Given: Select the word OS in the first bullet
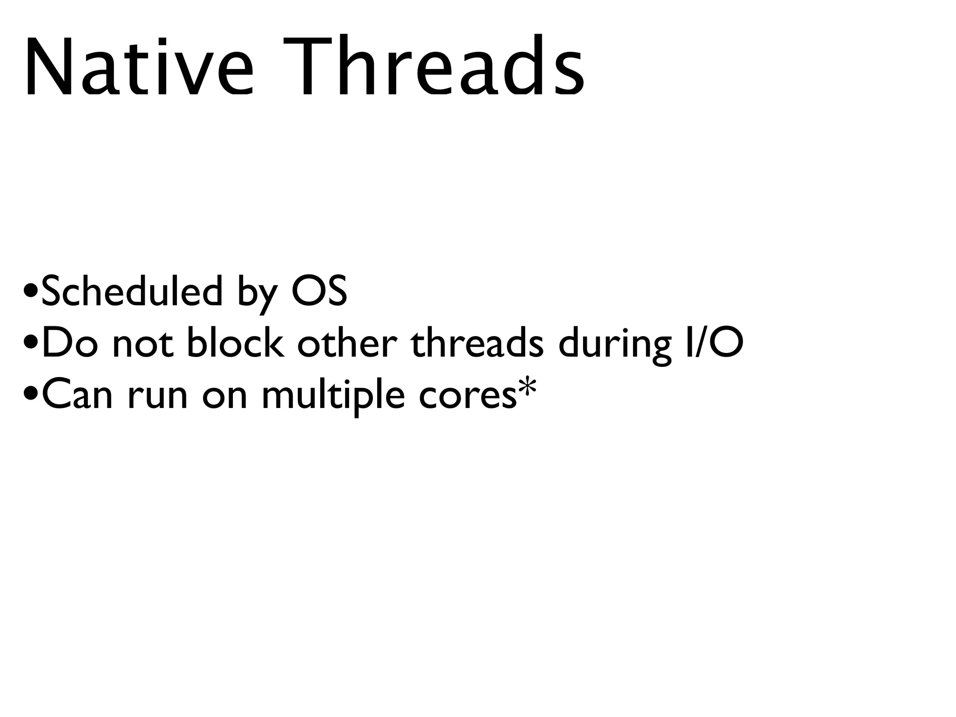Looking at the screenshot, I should click(319, 291).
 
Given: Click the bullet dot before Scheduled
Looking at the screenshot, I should click(31, 293).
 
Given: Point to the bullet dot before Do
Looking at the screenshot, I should click(31, 345).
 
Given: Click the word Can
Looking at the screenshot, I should click(77, 395).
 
